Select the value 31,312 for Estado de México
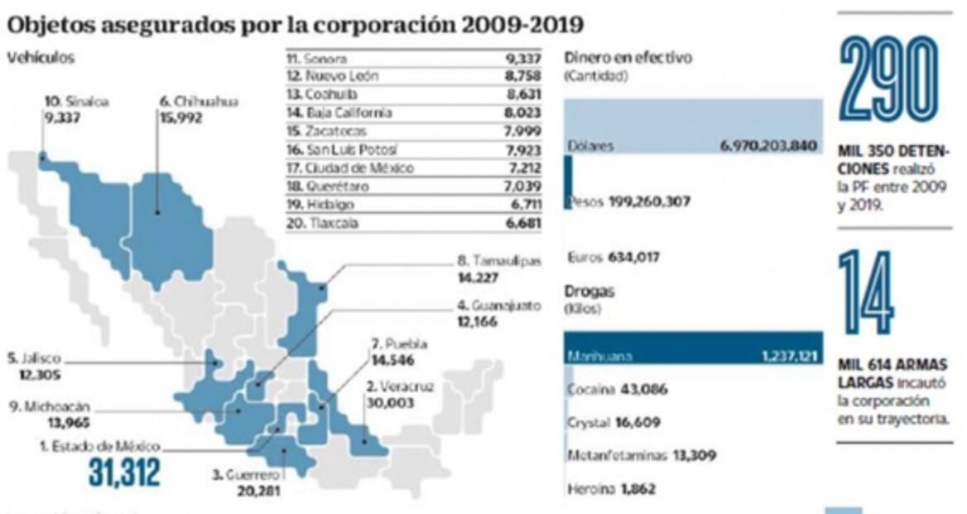pyautogui.click(x=124, y=473)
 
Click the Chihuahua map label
pyautogui.click(x=198, y=102)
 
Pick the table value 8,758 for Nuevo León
pyautogui.click(x=522, y=77)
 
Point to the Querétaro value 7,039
pyautogui.click(x=522, y=187)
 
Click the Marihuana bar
pyautogui.click(x=692, y=348)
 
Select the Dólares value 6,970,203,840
pyautogui.click(x=768, y=146)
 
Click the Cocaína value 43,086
pyautogui.click(x=641, y=390)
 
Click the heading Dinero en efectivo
pyautogui.click(x=627, y=58)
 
